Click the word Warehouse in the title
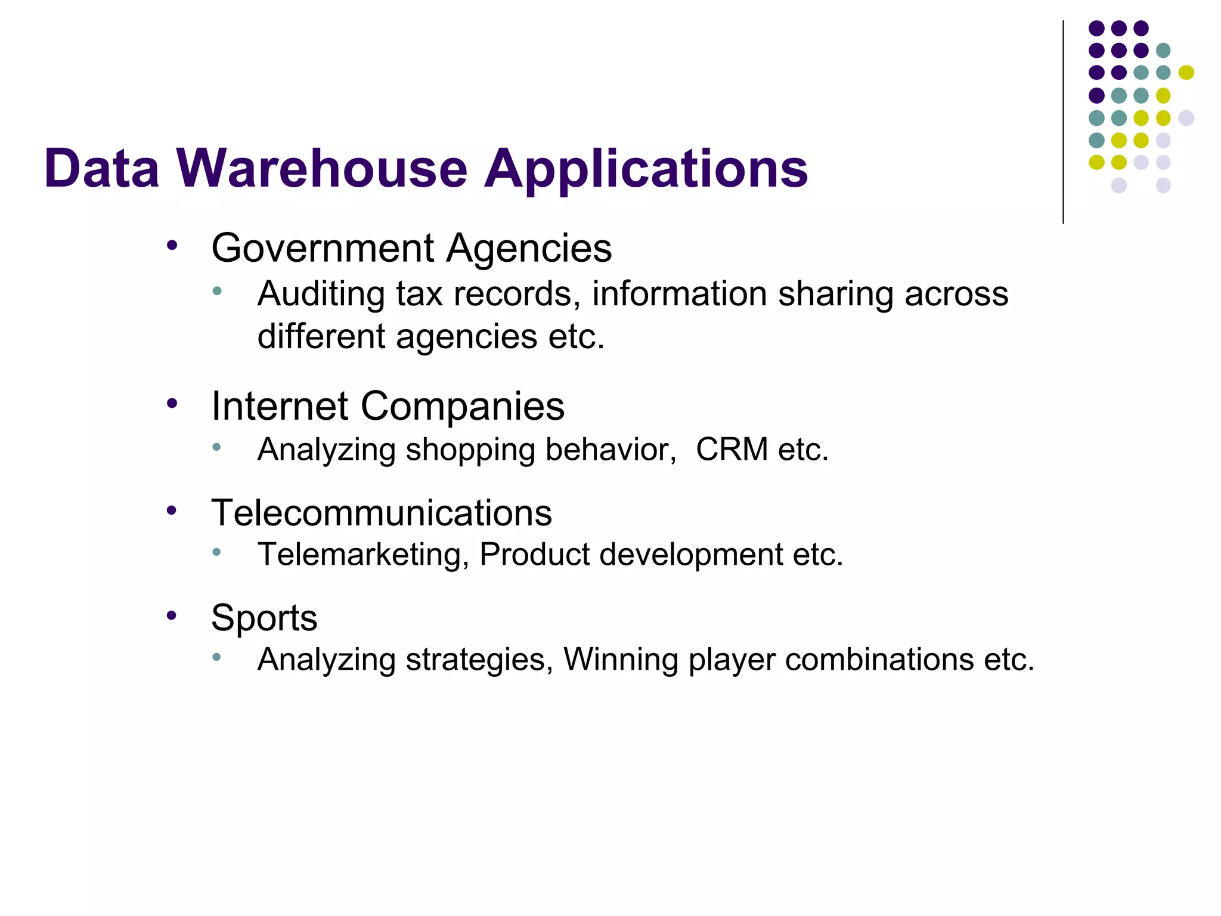322,169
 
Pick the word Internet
280,406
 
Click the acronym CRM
732,450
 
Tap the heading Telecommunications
382,513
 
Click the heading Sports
264,618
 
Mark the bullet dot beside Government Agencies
172,245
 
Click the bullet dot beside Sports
172,615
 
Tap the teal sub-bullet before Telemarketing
216,552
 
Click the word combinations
879,660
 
